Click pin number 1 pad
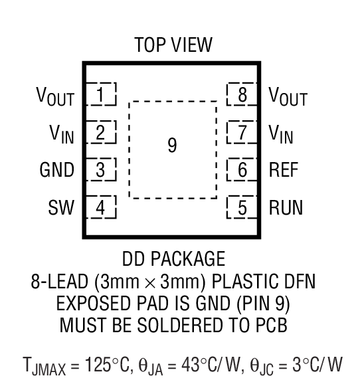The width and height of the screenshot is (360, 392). tap(101, 94)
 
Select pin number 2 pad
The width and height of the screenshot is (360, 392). tap(101, 132)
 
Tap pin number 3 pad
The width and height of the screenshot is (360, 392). tap(101, 170)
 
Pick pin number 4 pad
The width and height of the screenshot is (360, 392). tap(101, 208)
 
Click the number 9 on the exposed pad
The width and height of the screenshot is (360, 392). tap(172, 146)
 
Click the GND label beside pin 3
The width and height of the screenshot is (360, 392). tap(56, 170)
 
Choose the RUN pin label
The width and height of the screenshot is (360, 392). tap(286, 208)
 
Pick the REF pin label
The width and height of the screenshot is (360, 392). tap(284, 170)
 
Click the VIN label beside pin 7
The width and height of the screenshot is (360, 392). tap(282, 134)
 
